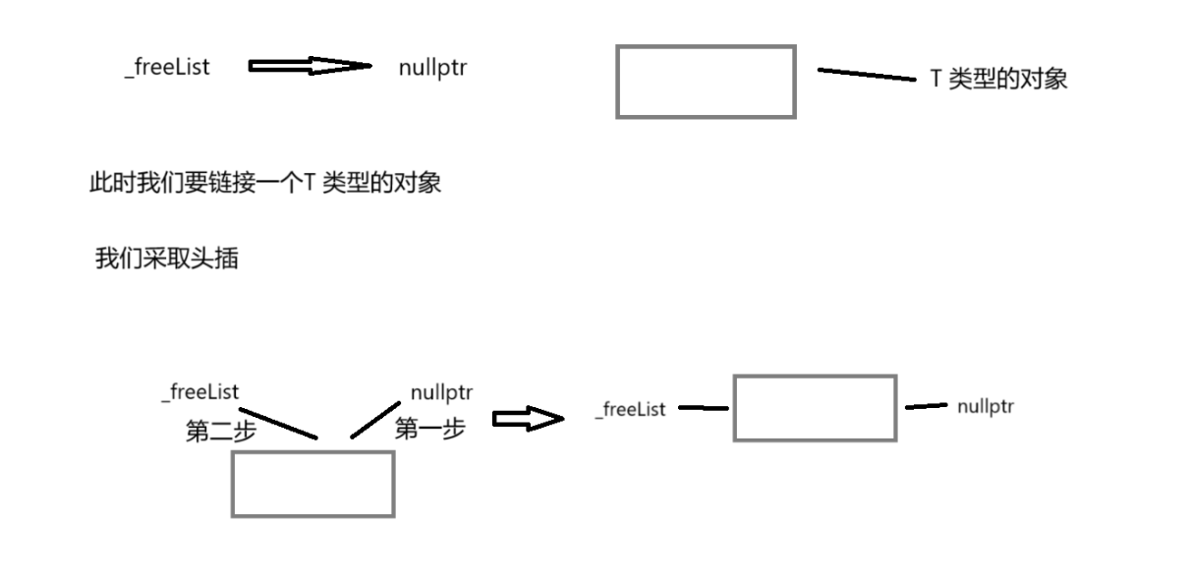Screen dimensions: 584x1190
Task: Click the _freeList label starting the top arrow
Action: click(x=167, y=68)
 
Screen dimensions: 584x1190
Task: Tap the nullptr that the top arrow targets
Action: click(x=432, y=68)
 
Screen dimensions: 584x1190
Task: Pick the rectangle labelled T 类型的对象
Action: click(x=706, y=82)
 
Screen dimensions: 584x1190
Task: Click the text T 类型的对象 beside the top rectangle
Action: click(x=998, y=80)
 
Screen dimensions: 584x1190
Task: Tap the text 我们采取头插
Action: click(x=166, y=260)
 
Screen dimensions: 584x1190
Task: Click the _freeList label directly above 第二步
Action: click(x=200, y=392)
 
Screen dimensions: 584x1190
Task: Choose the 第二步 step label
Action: click(x=221, y=432)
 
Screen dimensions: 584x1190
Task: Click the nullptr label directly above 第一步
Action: click(x=442, y=392)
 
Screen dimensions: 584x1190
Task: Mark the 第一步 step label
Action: click(x=429, y=429)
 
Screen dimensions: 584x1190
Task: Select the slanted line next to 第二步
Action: click(x=278, y=423)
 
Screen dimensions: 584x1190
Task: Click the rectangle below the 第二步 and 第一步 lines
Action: click(x=312, y=483)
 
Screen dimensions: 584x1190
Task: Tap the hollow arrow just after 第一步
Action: click(x=528, y=420)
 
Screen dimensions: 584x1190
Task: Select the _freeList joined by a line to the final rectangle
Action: click(x=630, y=409)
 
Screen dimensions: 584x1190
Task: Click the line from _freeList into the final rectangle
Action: click(x=703, y=407)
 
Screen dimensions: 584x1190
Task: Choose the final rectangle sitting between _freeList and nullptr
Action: click(x=815, y=408)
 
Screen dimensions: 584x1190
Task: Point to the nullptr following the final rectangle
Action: click(x=986, y=406)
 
